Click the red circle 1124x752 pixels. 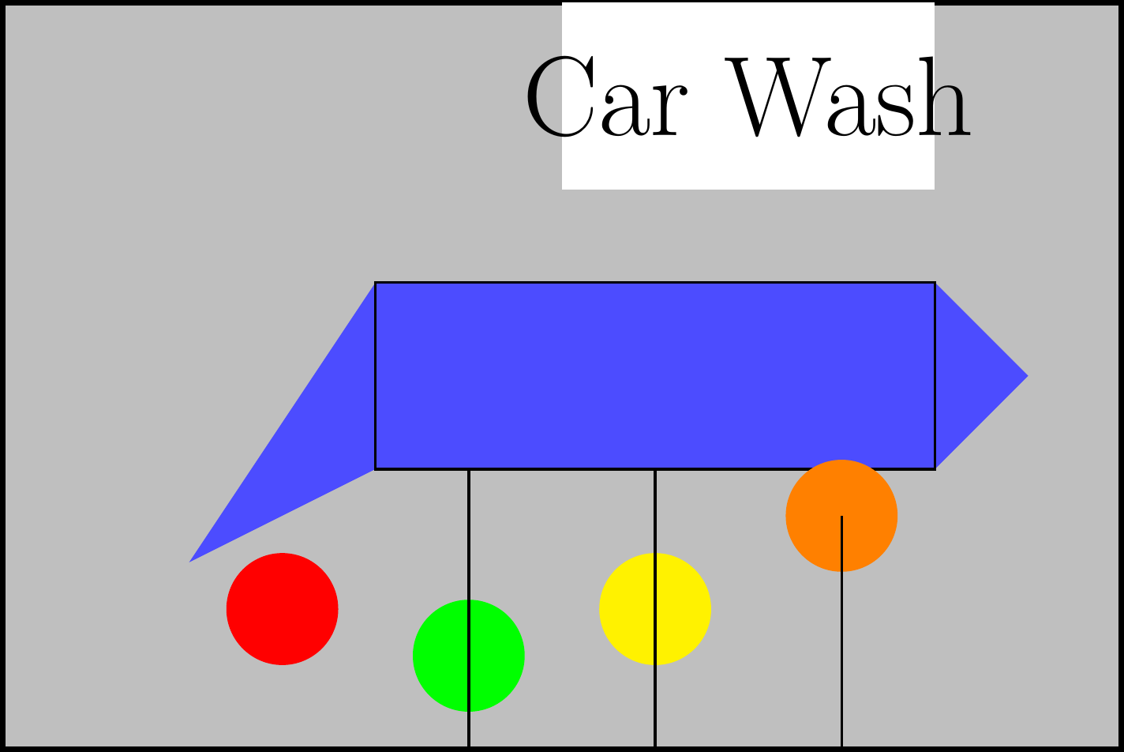(x=282, y=609)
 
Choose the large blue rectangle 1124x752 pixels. (x=655, y=375)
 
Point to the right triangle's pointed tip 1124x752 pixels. (x=1025, y=375)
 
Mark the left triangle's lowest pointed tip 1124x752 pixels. (x=192, y=560)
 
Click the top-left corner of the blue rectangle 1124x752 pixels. (x=376, y=283)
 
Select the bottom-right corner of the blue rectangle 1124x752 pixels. (x=935, y=468)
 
